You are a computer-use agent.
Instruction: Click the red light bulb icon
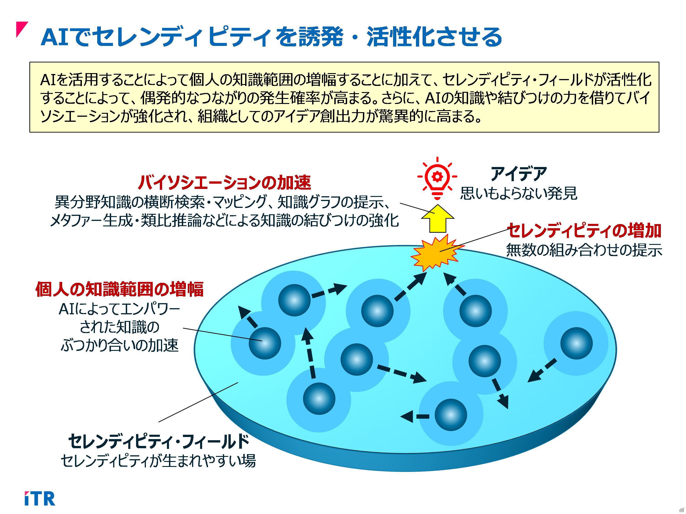click(x=437, y=178)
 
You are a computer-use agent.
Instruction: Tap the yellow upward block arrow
click(x=438, y=218)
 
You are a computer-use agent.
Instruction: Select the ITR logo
click(x=40, y=498)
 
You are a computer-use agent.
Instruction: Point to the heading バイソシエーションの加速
click(x=224, y=182)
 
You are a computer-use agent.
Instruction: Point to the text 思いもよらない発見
click(x=519, y=193)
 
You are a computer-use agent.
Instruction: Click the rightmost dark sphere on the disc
click(x=576, y=343)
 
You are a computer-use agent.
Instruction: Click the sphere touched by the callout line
click(x=265, y=343)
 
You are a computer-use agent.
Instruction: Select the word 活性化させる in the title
click(x=434, y=37)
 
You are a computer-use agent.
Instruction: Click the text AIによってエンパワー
click(x=119, y=309)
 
